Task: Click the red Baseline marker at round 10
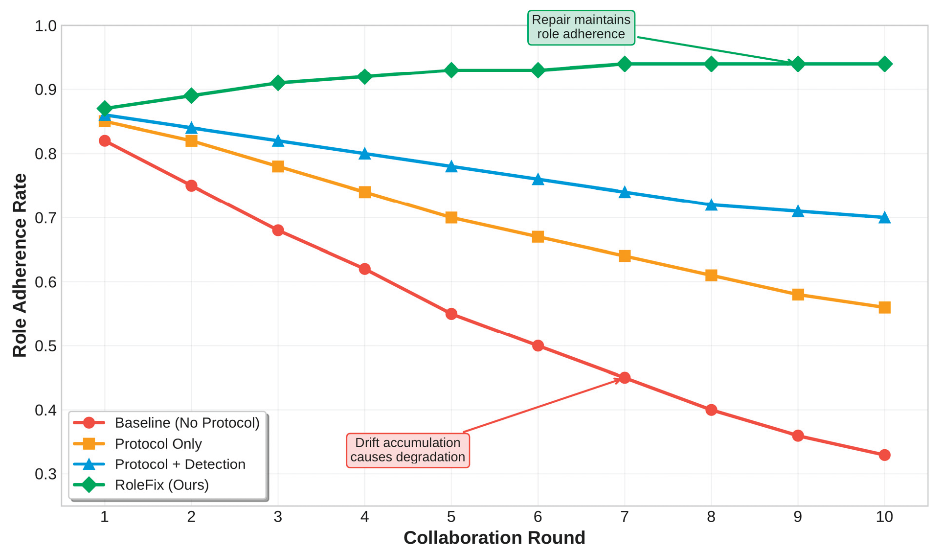tap(884, 455)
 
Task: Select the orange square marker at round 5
tap(451, 217)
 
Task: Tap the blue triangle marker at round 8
tap(711, 205)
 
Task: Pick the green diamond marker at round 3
tap(278, 83)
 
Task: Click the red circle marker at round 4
tap(364, 269)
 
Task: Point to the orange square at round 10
tap(884, 307)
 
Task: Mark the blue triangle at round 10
tap(884, 218)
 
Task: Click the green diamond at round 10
tap(884, 64)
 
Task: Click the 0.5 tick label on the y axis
tap(45, 346)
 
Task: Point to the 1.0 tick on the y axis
tap(45, 25)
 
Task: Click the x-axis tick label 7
tap(624, 517)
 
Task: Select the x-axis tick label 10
tap(884, 517)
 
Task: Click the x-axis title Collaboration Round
tap(494, 538)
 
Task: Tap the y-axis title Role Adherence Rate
tap(20, 265)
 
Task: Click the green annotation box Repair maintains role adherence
tap(581, 27)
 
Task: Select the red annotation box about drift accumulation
tap(407, 450)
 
